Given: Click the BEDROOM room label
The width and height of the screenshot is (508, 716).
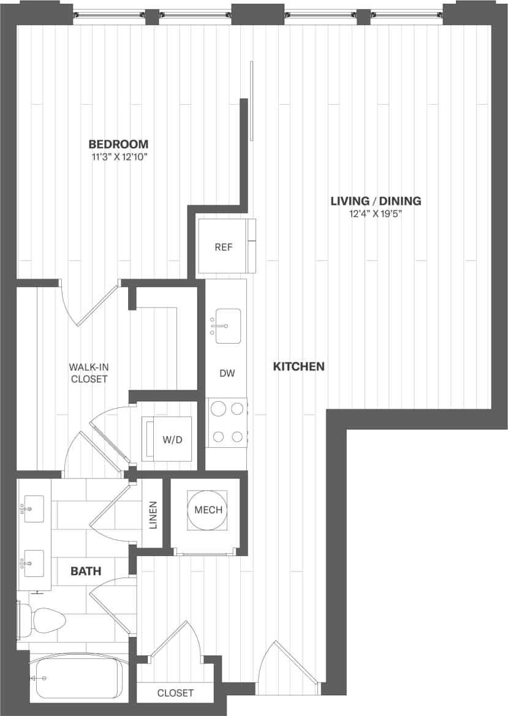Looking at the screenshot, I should coord(118,145).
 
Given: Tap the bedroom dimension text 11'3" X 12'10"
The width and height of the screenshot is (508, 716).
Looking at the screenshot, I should coord(118,157).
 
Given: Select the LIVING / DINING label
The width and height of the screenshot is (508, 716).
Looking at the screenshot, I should coord(376,201).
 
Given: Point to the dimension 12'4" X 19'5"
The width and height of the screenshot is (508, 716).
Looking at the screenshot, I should coord(376,214).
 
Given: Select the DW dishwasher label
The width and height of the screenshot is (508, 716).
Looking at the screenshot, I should coord(227,373).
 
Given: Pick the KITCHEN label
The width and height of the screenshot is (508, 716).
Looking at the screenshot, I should coord(298,367).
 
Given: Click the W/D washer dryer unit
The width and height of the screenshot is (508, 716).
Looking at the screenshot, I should coord(166,439).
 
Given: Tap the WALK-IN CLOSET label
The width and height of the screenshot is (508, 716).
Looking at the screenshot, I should coord(88,372).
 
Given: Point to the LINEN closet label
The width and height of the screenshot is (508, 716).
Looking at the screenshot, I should coord(153,514).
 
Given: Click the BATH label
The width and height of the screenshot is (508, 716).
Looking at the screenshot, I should coord(86,571).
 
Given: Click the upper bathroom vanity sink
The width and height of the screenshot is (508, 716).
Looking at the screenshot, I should coord(32,509).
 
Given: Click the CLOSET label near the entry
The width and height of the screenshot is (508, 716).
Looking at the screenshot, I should coord(175,693).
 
